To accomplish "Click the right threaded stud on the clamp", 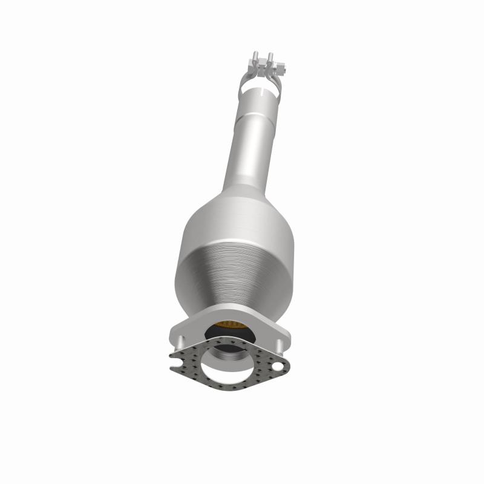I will point(270,59).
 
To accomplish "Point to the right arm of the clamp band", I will point(279,82).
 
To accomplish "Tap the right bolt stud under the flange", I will point(280,345).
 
